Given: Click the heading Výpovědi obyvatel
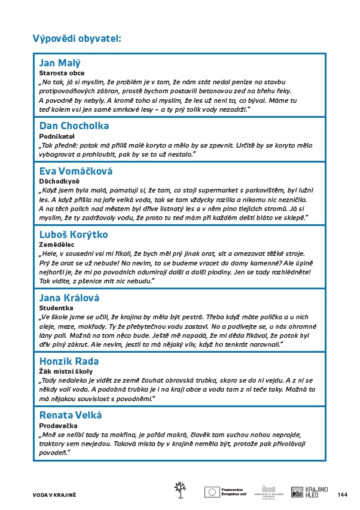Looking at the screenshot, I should click(77, 39).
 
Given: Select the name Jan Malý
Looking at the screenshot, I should click(60, 63).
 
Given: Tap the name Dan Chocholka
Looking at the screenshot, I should click(74, 126).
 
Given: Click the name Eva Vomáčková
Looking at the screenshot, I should click(76, 171).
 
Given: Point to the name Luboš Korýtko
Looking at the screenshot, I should click(74, 234).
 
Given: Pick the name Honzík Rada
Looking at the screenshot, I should click(69, 361).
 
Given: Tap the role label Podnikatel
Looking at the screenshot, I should click(53, 136).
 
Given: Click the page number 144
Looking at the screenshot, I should click(342, 494).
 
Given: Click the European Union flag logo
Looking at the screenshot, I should click(212, 491).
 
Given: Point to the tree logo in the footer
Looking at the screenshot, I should click(179, 489).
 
